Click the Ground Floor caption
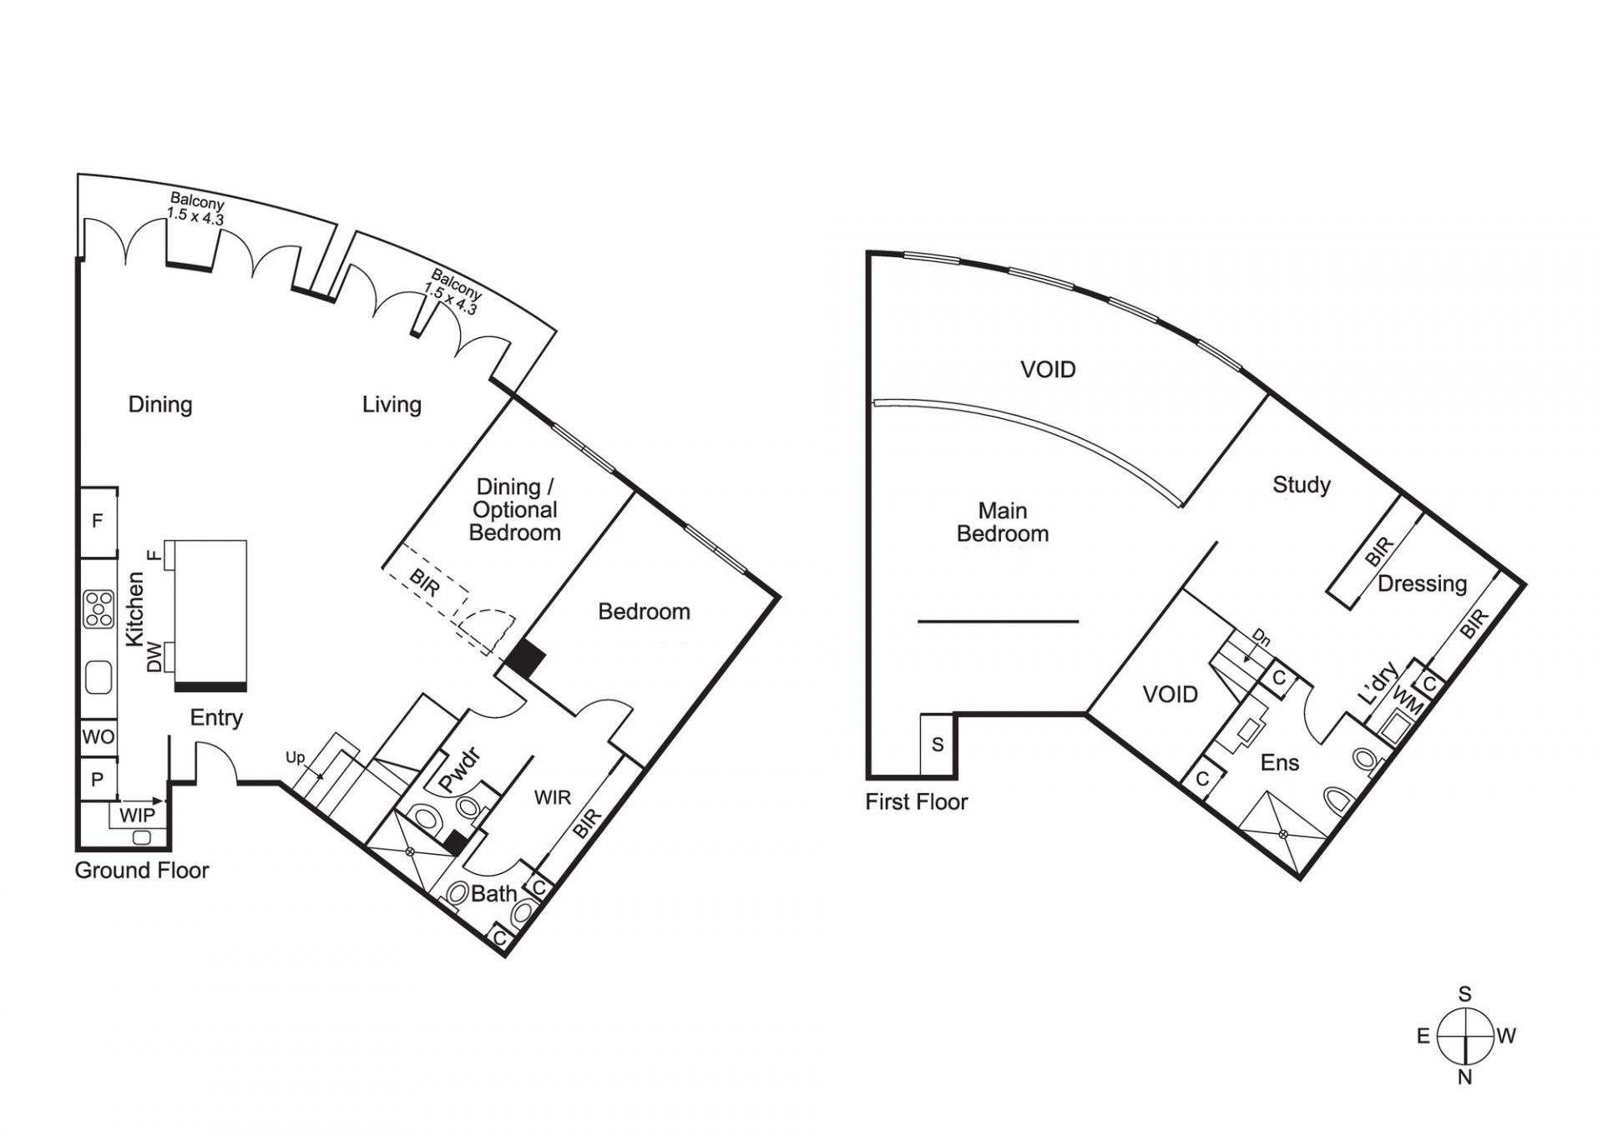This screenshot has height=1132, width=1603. pyautogui.click(x=142, y=871)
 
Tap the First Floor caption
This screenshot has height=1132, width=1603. pyautogui.click(x=916, y=802)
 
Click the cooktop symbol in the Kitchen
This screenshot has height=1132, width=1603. pyautogui.click(x=99, y=609)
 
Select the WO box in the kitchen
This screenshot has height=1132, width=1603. pyautogui.click(x=98, y=737)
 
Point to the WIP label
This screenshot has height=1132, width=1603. pyautogui.click(x=137, y=815)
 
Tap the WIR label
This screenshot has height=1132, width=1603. pyautogui.click(x=553, y=797)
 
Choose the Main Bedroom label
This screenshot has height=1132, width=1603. pyautogui.click(x=1003, y=522)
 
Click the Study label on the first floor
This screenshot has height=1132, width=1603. pyautogui.click(x=1302, y=484)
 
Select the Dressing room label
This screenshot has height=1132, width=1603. pyautogui.click(x=1422, y=584)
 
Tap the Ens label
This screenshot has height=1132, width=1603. pyautogui.click(x=1280, y=762)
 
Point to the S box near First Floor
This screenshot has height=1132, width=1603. pyautogui.click(x=938, y=744)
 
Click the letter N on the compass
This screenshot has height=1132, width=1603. pyautogui.click(x=1464, y=1077)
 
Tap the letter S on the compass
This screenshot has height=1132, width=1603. pyautogui.click(x=1464, y=994)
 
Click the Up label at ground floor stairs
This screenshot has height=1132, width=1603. pyautogui.click(x=296, y=758)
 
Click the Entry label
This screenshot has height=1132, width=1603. pyautogui.click(x=216, y=718)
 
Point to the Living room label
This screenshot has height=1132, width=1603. pyautogui.click(x=392, y=405)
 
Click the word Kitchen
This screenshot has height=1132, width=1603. pyautogui.click(x=134, y=609)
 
